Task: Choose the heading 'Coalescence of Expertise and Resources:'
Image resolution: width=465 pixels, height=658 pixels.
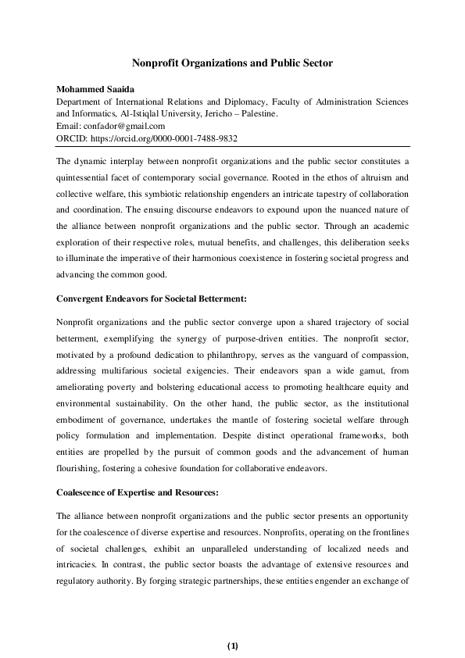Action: pos(136,493)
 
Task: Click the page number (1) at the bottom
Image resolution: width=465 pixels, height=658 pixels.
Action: pos(232,645)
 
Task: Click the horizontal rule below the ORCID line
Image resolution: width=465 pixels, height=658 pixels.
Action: pos(232,146)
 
